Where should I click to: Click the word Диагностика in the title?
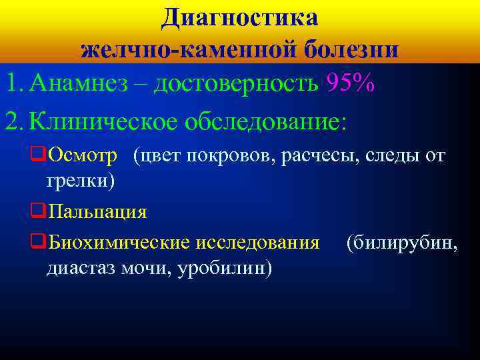(239, 18)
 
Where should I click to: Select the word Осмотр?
(83, 155)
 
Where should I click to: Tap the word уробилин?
(219, 267)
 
